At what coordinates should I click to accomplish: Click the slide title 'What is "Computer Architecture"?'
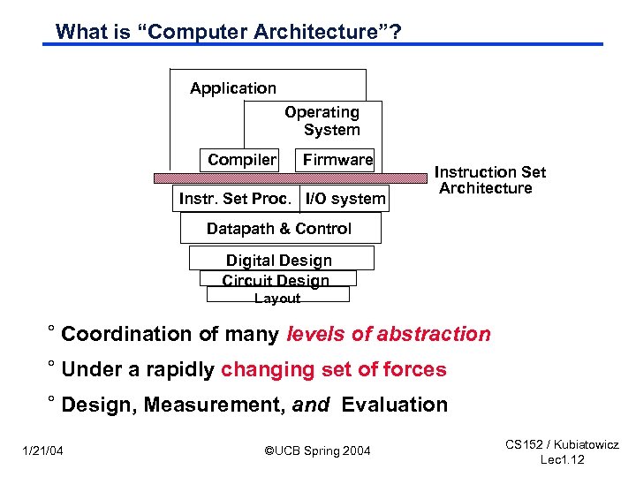[228, 32]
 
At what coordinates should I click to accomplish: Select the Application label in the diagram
[233, 88]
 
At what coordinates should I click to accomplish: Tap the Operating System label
[322, 121]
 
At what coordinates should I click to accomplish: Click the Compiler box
[241, 160]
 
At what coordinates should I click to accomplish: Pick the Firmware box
[337, 160]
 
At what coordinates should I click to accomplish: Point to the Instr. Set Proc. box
[235, 199]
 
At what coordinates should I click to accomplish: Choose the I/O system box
[345, 199]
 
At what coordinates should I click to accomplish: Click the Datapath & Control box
[279, 229]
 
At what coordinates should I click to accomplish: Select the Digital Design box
[279, 260]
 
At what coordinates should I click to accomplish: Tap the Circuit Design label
[276, 280]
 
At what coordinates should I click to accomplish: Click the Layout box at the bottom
[277, 298]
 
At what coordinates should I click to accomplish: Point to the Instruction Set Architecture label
[489, 180]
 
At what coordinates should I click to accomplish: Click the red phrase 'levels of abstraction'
[389, 334]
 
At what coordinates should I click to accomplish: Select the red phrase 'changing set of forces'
[334, 369]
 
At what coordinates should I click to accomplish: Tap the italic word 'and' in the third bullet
[310, 405]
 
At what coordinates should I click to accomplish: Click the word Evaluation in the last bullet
[395, 405]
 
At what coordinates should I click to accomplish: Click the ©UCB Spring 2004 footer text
[318, 451]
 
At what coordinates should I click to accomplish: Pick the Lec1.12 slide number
[562, 460]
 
